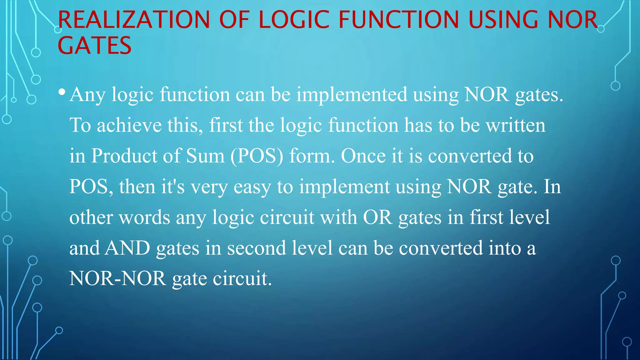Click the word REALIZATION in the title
click(x=134, y=20)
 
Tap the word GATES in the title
click(x=94, y=46)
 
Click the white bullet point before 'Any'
click(x=62, y=92)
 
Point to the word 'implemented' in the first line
click(x=352, y=94)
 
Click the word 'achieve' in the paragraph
click(x=129, y=125)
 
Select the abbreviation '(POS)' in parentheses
click(x=257, y=156)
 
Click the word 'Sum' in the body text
click(x=205, y=156)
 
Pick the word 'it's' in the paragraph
click(x=173, y=187)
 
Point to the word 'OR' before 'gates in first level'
click(x=377, y=217)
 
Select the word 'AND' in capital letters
click(x=127, y=248)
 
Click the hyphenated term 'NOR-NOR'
click(x=117, y=278)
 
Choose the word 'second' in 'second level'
click(x=256, y=248)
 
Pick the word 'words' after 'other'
click(x=144, y=217)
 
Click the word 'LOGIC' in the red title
click(x=294, y=20)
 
